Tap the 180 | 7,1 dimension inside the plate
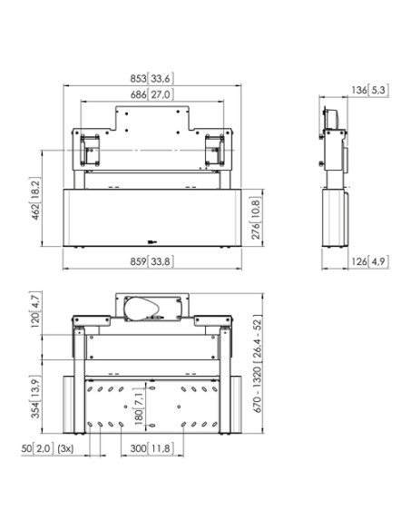coord(136,406)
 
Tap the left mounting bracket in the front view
coord(90,146)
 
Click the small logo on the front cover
coord(151,240)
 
